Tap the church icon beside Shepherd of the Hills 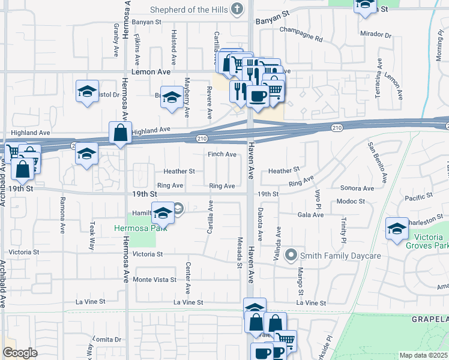coord(238,9)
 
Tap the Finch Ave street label coord(222,154)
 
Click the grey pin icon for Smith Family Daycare coord(292,256)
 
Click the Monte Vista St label coord(155,280)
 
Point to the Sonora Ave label coord(357,188)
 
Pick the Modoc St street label coord(351,201)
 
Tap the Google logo coord(20,353)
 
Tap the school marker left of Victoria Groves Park coord(397,229)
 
